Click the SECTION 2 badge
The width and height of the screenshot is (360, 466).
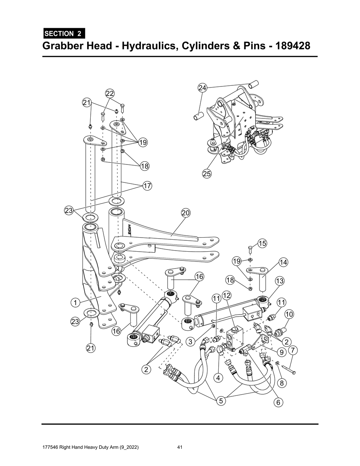pos(63,34)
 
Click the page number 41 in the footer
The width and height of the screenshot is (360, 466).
pos(180,447)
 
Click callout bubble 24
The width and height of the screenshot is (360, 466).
pos(202,88)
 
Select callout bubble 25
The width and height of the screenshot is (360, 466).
pos(207,173)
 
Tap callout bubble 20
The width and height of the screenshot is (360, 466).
pos(186,213)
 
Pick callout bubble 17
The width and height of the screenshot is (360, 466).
pos(147,186)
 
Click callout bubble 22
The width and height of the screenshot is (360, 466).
pos(110,93)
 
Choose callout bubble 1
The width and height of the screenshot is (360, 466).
pos(75,302)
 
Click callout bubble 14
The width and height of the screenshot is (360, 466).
pos(283,262)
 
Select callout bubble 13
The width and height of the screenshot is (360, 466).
pos(279,281)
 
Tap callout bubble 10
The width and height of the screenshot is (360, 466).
pos(289,314)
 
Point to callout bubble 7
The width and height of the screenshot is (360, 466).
pos(293,350)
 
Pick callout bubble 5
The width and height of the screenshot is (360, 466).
pos(221,400)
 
